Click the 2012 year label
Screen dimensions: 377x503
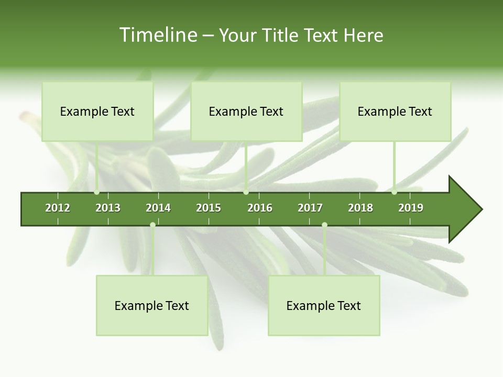(x=58, y=208)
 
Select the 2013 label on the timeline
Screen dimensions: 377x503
(x=108, y=208)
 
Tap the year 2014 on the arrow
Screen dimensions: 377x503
(x=158, y=208)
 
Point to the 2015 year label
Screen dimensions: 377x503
(x=209, y=208)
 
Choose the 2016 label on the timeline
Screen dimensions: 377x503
(x=260, y=208)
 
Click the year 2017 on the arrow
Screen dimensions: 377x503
(x=310, y=208)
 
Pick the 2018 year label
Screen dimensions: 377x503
(x=360, y=208)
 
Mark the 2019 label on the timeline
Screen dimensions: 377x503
(x=411, y=208)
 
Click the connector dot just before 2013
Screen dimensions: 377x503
(x=97, y=192)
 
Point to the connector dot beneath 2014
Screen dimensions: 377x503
(x=152, y=225)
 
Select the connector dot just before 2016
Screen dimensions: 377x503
(x=246, y=192)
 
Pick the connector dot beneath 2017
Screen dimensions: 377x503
(x=324, y=225)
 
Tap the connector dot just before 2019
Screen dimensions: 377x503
(x=394, y=192)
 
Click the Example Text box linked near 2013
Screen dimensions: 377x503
(x=97, y=112)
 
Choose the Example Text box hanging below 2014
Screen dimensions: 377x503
(x=152, y=306)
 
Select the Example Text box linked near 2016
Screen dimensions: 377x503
(x=246, y=112)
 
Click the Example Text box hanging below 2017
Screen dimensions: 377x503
(x=324, y=306)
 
